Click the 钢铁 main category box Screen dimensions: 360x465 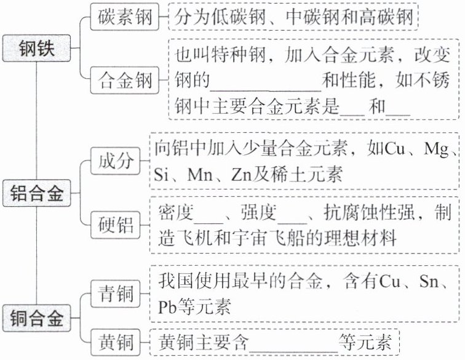pos(37,49)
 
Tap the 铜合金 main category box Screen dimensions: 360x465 pos(37,318)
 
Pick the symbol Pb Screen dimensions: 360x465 pos(168,307)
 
